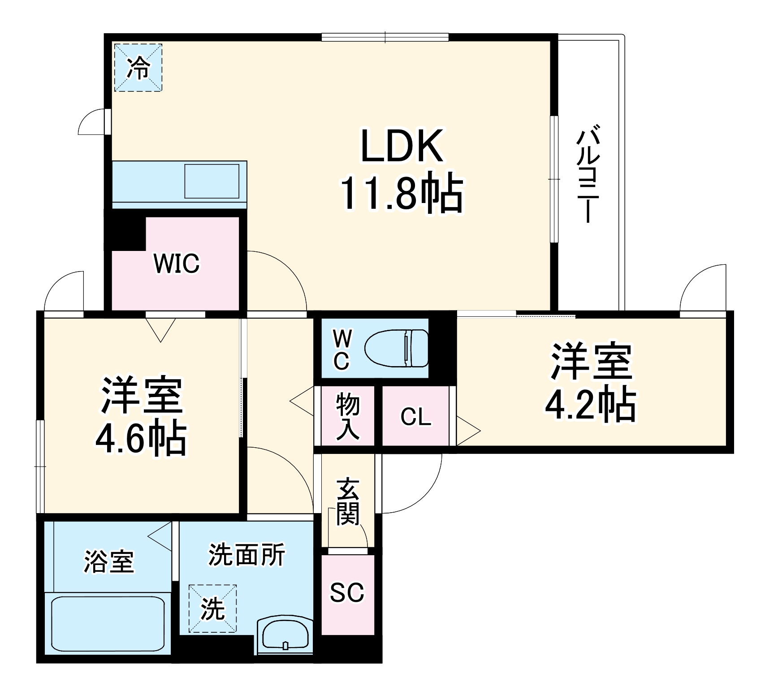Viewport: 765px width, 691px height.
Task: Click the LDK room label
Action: point(402,146)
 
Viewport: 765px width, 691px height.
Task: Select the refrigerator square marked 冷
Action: point(138,68)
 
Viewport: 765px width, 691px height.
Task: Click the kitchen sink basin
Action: point(212,181)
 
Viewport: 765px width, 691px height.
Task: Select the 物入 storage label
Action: point(347,416)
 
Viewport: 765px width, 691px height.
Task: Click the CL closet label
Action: point(415,417)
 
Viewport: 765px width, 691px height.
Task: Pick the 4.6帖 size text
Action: point(141,438)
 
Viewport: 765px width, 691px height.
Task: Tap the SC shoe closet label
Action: point(347,592)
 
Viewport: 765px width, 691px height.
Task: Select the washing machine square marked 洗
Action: point(212,609)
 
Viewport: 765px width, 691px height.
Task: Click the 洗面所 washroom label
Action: point(246,555)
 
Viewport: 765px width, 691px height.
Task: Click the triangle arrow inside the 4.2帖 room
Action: point(467,431)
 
